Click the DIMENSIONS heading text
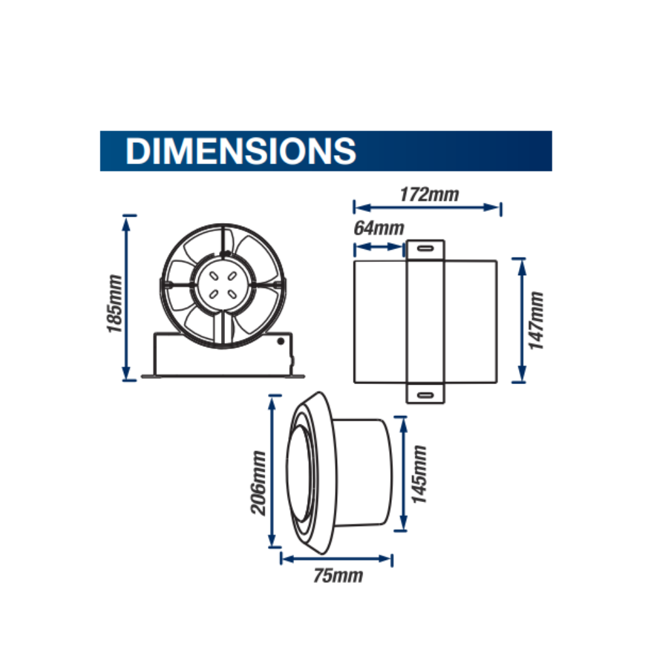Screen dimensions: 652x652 coord(241,151)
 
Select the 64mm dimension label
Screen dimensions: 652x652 coord(379,229)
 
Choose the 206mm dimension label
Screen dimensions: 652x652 coord(259,482)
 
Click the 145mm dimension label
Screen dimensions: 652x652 coord(419,474)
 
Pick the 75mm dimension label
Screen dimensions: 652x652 coord(336,576)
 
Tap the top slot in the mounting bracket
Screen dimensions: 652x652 coord(425,248)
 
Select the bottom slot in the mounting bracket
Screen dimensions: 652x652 coord(425,394)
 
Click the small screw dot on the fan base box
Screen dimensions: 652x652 coord(281,340)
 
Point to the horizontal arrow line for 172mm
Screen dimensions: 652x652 coord(427,207)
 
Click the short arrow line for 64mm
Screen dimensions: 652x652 coord(379,247)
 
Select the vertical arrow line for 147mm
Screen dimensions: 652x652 coord(520,320)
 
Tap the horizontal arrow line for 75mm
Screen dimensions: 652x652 coord(336,559)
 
